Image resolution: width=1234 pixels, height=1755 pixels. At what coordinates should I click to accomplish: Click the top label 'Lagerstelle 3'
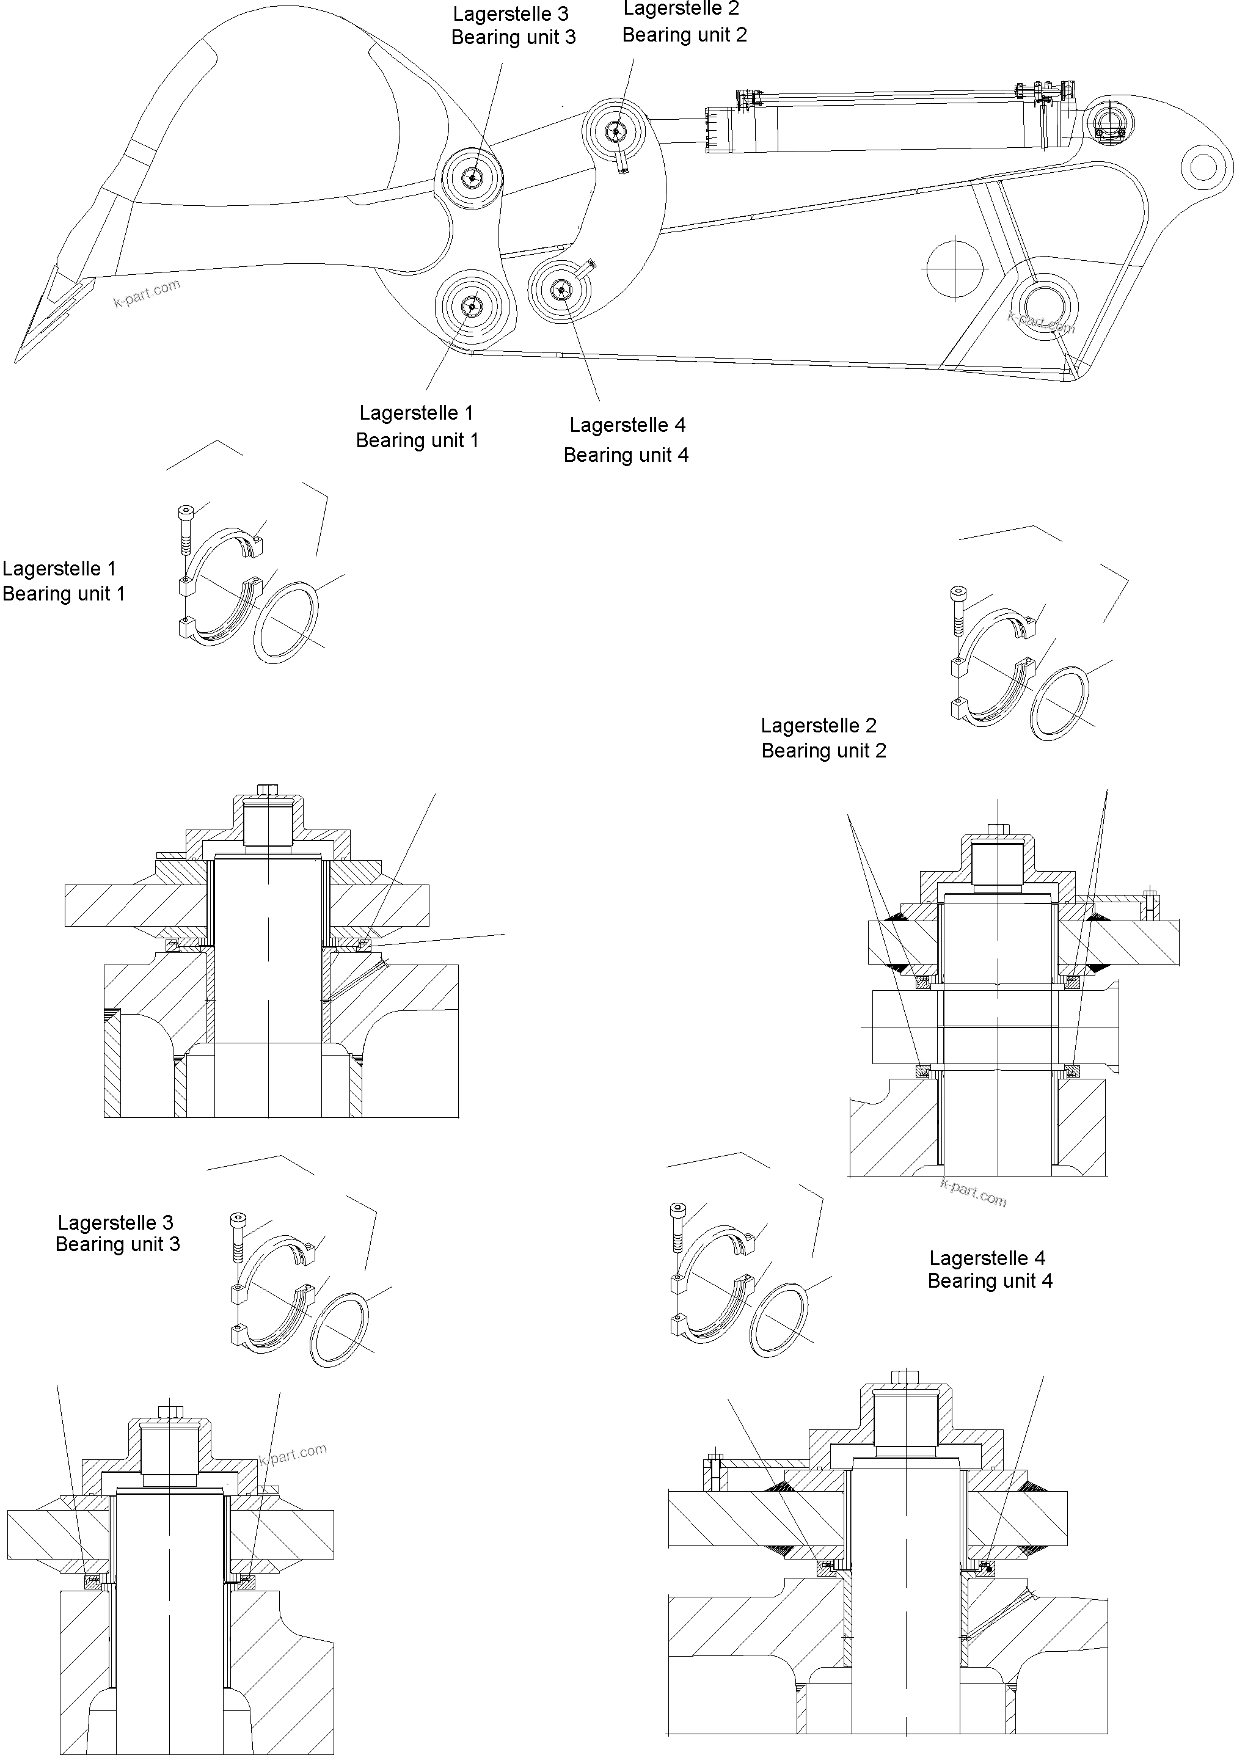pyautogui.click(x=511, y=15)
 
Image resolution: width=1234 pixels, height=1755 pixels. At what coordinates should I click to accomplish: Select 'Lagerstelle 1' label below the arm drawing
pyautogui.click(x=417, y=413)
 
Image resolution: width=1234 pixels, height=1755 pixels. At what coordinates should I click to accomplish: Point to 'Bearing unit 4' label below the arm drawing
pyautogui.click(x=626, y=456)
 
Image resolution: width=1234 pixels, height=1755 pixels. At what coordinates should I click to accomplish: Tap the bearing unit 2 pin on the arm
pyautogui.click(x=615, y=132)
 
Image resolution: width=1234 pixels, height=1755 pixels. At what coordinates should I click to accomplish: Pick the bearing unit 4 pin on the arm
pyautogui.click(x=562, y=289)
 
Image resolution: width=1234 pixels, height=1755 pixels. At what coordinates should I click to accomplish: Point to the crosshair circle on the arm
pyautogui.click(x=954, y=268)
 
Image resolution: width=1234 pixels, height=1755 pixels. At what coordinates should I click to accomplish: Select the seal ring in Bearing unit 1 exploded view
pyautogui.click(x=286, y=620)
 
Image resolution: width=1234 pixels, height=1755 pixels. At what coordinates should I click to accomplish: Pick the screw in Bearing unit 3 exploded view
pyautogui.click(x=238, y=1238)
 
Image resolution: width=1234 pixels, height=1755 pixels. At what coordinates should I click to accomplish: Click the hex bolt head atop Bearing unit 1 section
pyautogui.click(x=268, y=788)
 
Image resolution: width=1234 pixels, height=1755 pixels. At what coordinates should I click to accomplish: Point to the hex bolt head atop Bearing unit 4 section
pyautogui.click(x=906, y=1376)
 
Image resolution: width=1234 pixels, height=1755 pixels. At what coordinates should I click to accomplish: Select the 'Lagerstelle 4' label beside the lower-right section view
pyautogui.click(x=987, y=1257)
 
